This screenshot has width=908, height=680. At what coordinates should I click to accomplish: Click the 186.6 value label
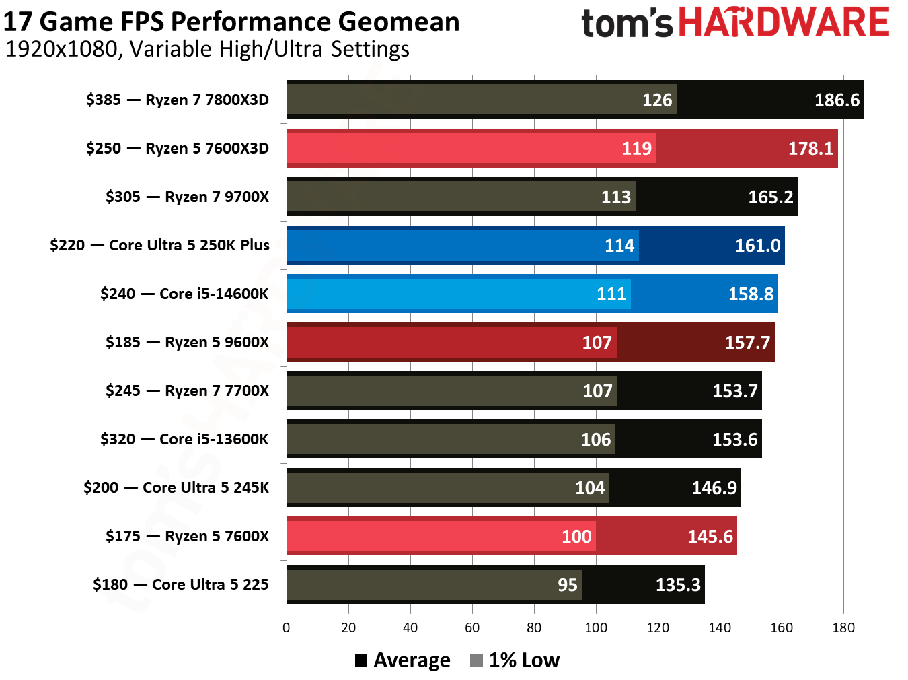tap(837, 100)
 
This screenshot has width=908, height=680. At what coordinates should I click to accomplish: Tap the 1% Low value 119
tap(636, 149)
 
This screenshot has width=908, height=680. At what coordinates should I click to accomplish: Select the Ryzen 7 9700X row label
tap(187, 197)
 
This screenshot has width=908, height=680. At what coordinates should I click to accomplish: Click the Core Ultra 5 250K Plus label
tap(159, 246)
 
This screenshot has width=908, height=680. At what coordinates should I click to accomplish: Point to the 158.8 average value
tap(751, 294)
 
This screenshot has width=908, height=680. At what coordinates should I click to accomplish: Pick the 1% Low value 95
tap(567, 585)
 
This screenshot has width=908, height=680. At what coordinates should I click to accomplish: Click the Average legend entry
tap(403, 660)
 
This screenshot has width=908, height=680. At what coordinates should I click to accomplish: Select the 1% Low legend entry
tap(515, 660)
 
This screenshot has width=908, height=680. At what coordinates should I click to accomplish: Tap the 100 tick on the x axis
tap(596, 628)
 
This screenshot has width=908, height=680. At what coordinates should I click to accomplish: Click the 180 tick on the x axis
tap(843, 628)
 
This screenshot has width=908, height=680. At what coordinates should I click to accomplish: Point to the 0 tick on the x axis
tap(287, 628)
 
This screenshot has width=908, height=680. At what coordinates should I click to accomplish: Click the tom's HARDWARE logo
tap(735, 23)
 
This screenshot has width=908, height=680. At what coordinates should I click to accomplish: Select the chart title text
tap(231, 22)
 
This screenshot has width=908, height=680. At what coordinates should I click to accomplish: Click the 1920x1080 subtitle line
tap(207, 49)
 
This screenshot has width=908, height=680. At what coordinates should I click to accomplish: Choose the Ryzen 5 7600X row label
tap(187, 537)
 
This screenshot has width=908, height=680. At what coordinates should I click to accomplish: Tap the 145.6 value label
tap(710, 537)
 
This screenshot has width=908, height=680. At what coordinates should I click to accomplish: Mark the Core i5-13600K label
tap(184, 440)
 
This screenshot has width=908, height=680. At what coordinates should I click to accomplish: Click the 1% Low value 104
tap(590, 488)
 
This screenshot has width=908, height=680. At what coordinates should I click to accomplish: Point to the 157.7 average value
tap(747, 343)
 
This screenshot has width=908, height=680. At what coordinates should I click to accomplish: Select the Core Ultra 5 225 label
tap(180, 585)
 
